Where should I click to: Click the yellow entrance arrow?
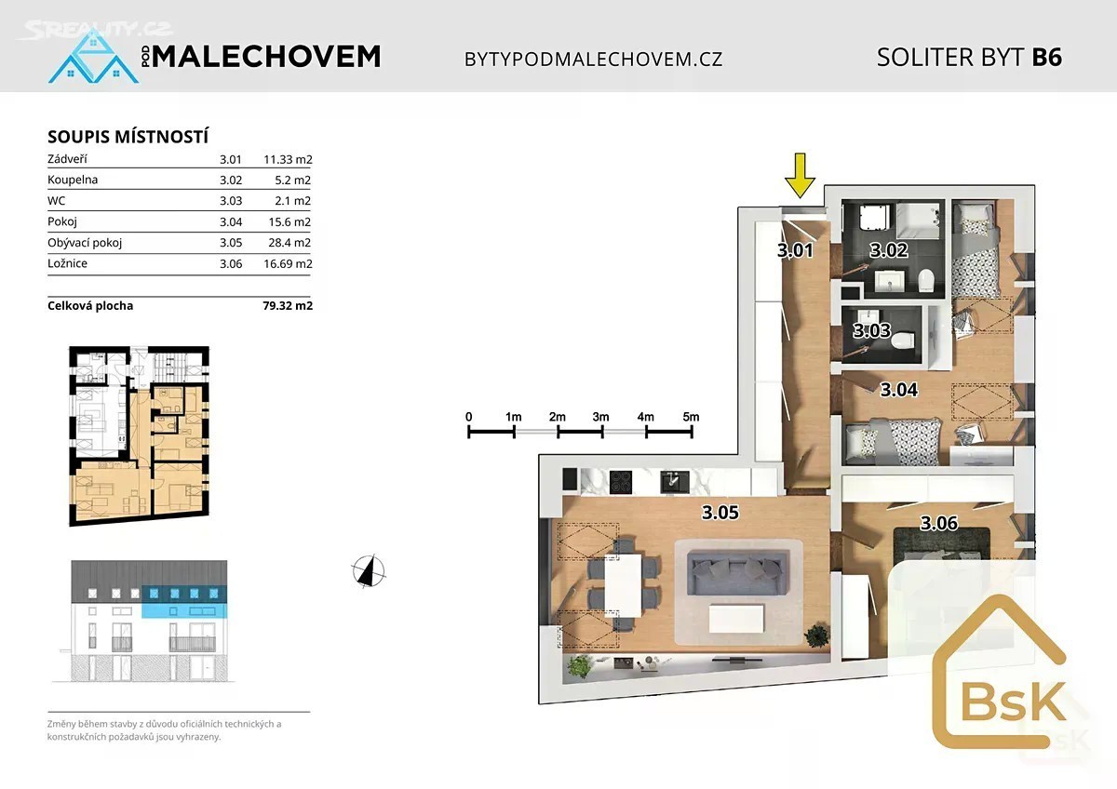[x=800, y=176]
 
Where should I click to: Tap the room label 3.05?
[x=720, y=513]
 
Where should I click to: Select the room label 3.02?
[x=889, y=249]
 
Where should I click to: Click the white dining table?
[x=624, y=585]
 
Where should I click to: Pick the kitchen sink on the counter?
[x=675, y=481]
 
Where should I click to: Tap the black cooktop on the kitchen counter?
[x=621, y=481]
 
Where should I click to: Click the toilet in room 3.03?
[x=902, y=341]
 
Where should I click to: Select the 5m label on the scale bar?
[x=691, y=417]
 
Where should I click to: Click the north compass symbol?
[x=369, y=570]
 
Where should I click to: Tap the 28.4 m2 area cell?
[x=289, y=243]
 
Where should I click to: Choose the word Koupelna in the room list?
[x=73, y=180]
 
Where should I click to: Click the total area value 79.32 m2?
[x=288, y=305]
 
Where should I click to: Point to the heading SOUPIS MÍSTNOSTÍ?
[x=128, y=137]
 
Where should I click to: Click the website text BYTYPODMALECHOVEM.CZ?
[x=594, y=60]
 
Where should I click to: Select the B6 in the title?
[x=1047, y=58]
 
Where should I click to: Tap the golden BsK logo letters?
[x=1014, y=702]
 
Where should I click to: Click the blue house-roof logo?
[x=93, y=56]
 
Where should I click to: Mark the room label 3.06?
[x=938, y=523]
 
